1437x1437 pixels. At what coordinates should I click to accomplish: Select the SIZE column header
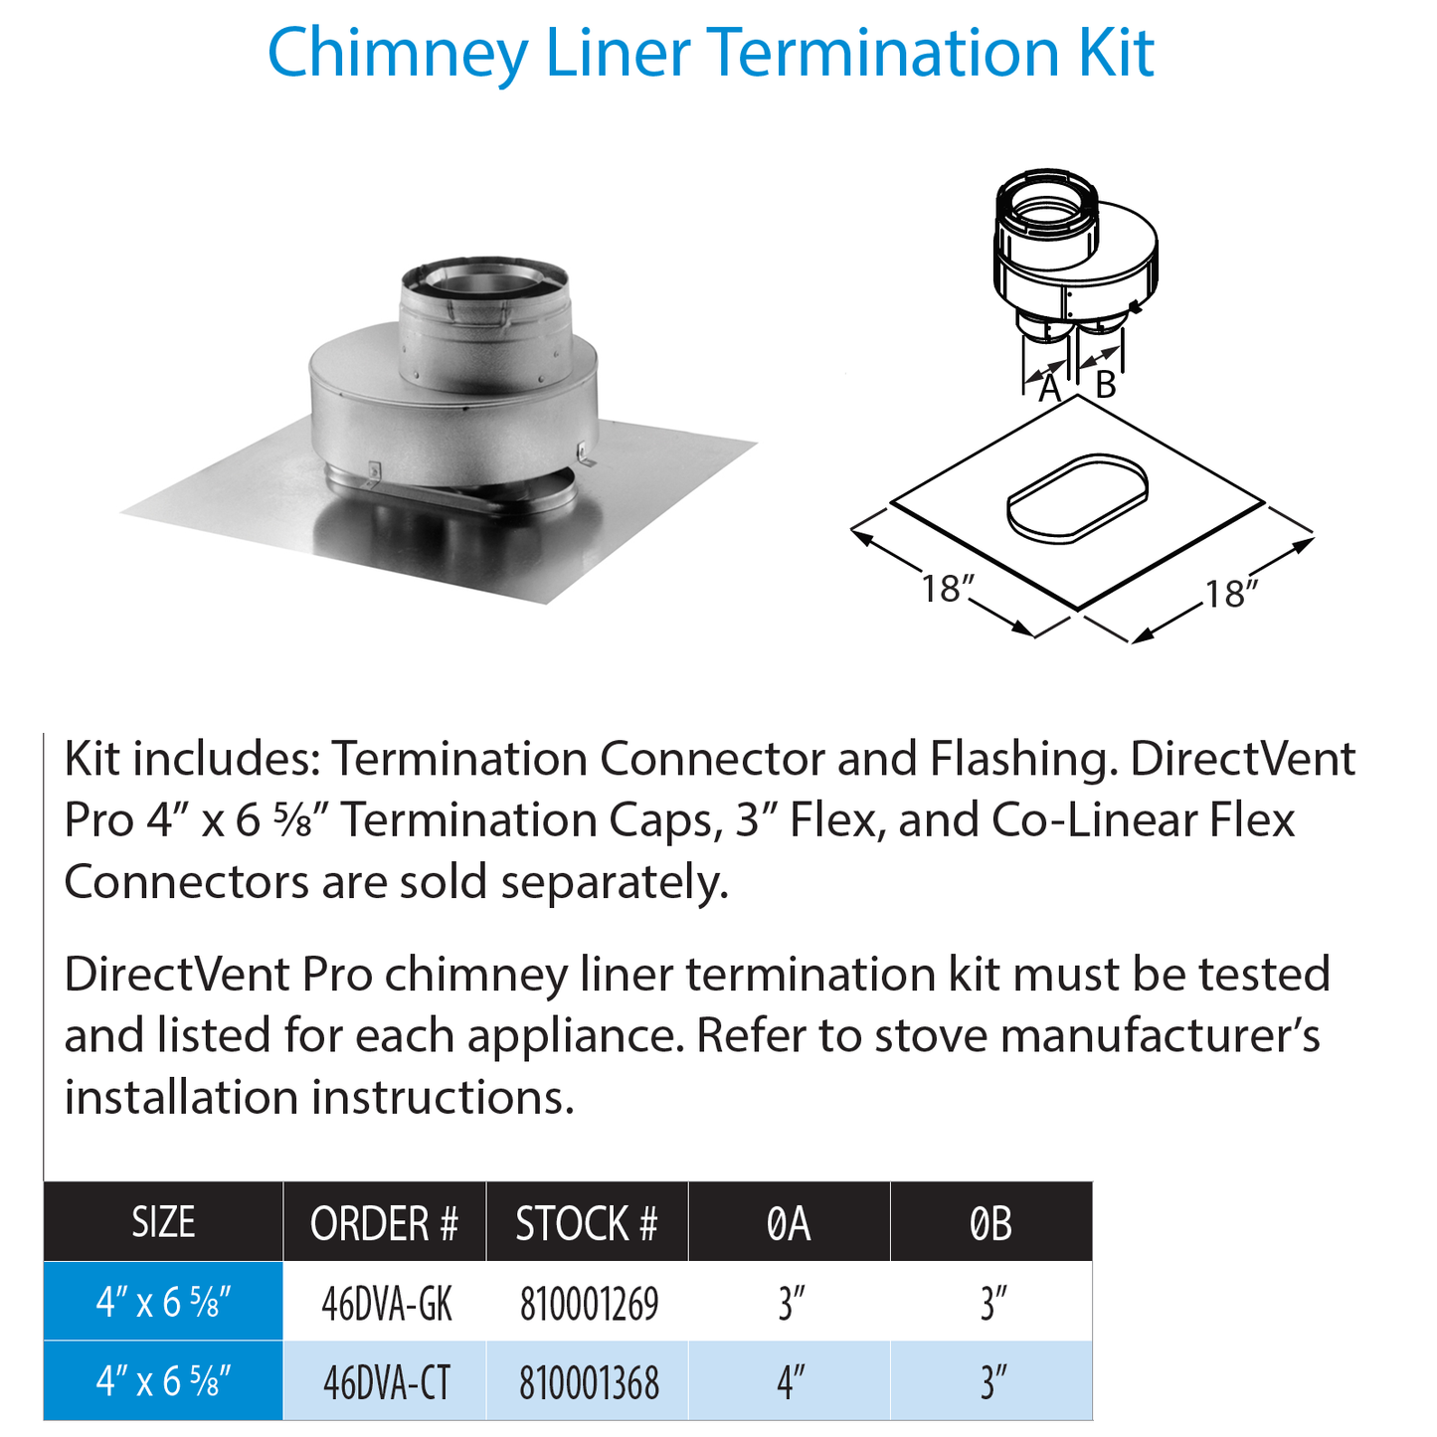click(x=163, y=1222)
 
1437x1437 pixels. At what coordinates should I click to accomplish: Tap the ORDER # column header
click(x=384, y=1223)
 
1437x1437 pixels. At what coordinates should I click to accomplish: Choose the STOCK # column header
click(x=587, y=1223)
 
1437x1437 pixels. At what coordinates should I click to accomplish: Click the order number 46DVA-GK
click(x=387, y=1304)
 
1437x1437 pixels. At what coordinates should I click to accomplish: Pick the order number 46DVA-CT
click(x=387, y=1382)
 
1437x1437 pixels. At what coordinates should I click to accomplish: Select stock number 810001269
click(x=589, y=1304)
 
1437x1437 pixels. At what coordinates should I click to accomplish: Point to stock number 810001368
click(x=589, y=1382)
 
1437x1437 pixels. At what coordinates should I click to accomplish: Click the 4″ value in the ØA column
click(x=791, y=1382)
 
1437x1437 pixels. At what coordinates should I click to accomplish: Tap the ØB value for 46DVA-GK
click(x=993, y=1304)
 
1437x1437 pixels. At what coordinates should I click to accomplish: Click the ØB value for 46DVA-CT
click(x=993, y=1382)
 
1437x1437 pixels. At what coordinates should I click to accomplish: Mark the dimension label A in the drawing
click(x=1049, y=389)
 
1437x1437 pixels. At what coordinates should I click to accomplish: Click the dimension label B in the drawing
click(x=1105, y=385)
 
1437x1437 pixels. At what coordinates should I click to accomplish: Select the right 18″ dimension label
click(x=1232, y=594)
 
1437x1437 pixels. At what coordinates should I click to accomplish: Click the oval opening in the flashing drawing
click(x=1079, y=498)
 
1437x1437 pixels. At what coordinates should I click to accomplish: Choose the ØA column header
click(x=790, y=1223)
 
